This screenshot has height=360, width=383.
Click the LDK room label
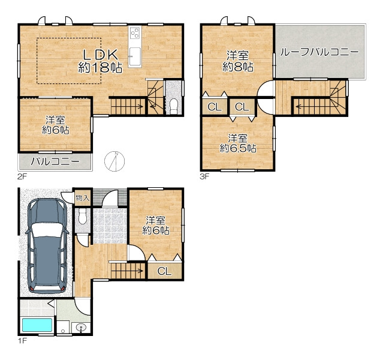click(x=101, y=55)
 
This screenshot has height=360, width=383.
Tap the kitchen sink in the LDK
click(x=135, y=56)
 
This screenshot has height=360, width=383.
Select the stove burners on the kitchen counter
click(x=135, y=33)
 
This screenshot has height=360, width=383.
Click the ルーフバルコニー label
click(x=319, y=52)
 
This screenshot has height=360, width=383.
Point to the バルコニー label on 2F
click(x=55, y=161)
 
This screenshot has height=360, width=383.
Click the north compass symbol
click(x=114, y=161)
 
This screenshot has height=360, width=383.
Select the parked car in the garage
click(x=47, y=245)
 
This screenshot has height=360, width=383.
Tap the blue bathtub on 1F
click(x=37, y=325)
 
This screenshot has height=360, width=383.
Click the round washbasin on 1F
click(x=81, y=328)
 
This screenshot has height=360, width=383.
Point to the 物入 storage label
click(x=83, y=198)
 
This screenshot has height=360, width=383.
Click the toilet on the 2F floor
click(x=174, y=106)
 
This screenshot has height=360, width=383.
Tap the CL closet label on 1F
click(x=164, y=271)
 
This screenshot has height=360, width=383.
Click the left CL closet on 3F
click(x=215, y=107)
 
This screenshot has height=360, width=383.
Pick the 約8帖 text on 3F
click(x=238, y=67)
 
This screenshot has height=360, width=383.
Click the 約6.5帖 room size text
click(x=238, y=148)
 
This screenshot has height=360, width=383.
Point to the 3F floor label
click(x=204, y=176)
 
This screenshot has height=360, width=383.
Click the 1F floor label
click(x=22, y=341)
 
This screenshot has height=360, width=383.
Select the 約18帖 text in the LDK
click(x=100, y=67)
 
